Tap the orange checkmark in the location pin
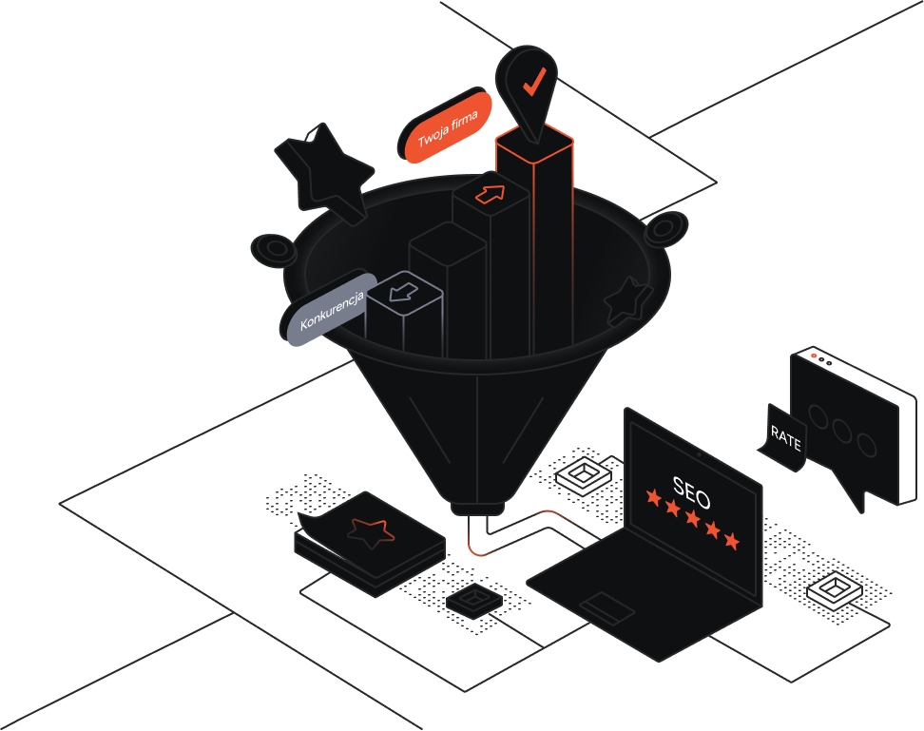[534, 81]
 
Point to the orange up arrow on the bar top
[491, 194]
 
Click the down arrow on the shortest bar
[405, 290]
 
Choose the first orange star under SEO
[653, 496]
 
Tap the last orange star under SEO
[731, 541]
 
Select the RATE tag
[786, 438]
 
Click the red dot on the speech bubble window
[814, 356]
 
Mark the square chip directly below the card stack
[473, 601]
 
